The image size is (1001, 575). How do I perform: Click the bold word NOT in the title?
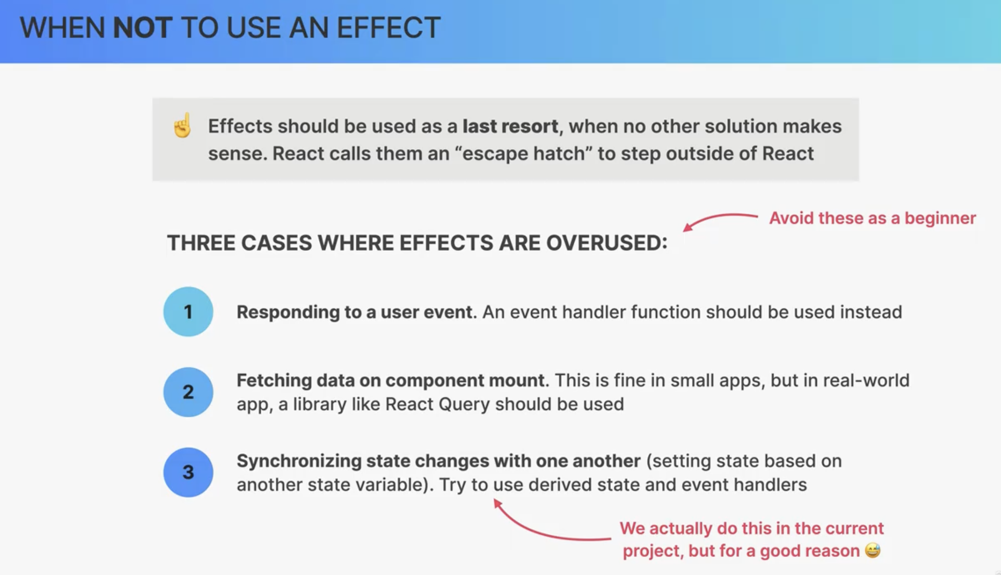click(x=143, y=27)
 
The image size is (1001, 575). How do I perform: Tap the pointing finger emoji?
click(x=182, y=126)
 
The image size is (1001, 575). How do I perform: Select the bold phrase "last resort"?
click(x=510, y=126)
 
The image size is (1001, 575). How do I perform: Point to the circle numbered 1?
click(x=188, y=312)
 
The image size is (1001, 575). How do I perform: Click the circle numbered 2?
click(x=188, y=392)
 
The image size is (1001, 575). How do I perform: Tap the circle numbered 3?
click(x=188, y=472)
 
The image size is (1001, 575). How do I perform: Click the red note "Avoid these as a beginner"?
click(x=872, y=218)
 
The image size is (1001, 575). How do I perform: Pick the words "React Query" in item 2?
click(x=437, y=404)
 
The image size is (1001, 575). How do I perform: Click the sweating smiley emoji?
click(x=873, y=550)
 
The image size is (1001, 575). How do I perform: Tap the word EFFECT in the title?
click(x=388, y=27)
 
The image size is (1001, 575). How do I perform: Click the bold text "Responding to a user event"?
click(x=354, y=312)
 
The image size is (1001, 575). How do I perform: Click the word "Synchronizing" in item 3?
click(x=299, y=461)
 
